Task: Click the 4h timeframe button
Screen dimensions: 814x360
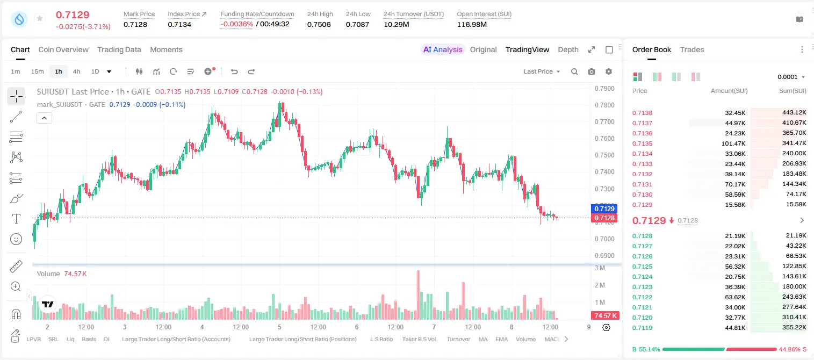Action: pyautogui.click(x=76, y=71)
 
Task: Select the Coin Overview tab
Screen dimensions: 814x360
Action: pyautogui.click(x=63, y=49)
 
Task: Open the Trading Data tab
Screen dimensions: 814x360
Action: pyautogui.click(x=119, y=49)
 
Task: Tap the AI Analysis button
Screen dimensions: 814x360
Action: pyautogui.click(x=443, y=49)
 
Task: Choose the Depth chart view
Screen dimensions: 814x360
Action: pyautogui.click(x=568, y=49)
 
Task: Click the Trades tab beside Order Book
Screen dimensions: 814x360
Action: pyautogui.click(x=692, y=49)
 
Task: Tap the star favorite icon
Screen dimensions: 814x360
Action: pyautogui.click(x=40, y=18)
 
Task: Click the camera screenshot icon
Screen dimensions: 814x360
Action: pyautogui.click(x=592, y=71)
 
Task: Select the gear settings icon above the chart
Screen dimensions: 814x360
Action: pyautogui.click(x=609, y=71)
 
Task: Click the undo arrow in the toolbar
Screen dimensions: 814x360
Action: pyautogui.click(x=234, y=71)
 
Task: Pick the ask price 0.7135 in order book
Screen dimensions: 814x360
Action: pyautogui.click(x=642, y=143)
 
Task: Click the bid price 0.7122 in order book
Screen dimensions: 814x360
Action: pyautogui.click(x=642, y=297)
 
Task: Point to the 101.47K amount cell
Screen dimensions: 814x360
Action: pyautogui.click(x=733, y=143)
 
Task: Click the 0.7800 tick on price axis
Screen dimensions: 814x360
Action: pyautogui.click(x=604, y=105)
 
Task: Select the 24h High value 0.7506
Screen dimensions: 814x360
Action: pyautogui.click(x=319, y=24)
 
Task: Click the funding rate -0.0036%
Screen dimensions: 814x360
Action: pyautogui.click(x=236, y=24)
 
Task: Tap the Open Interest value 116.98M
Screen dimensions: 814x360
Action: pyautogui.click(x=472, y=24)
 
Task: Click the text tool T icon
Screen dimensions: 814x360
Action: pyautogui.click(x=16, y=219)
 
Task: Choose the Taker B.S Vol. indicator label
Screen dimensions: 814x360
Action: pyautogui.click(x=419, y=339)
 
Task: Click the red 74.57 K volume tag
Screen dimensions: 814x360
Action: pyautogui.click(x=605, y=316)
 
